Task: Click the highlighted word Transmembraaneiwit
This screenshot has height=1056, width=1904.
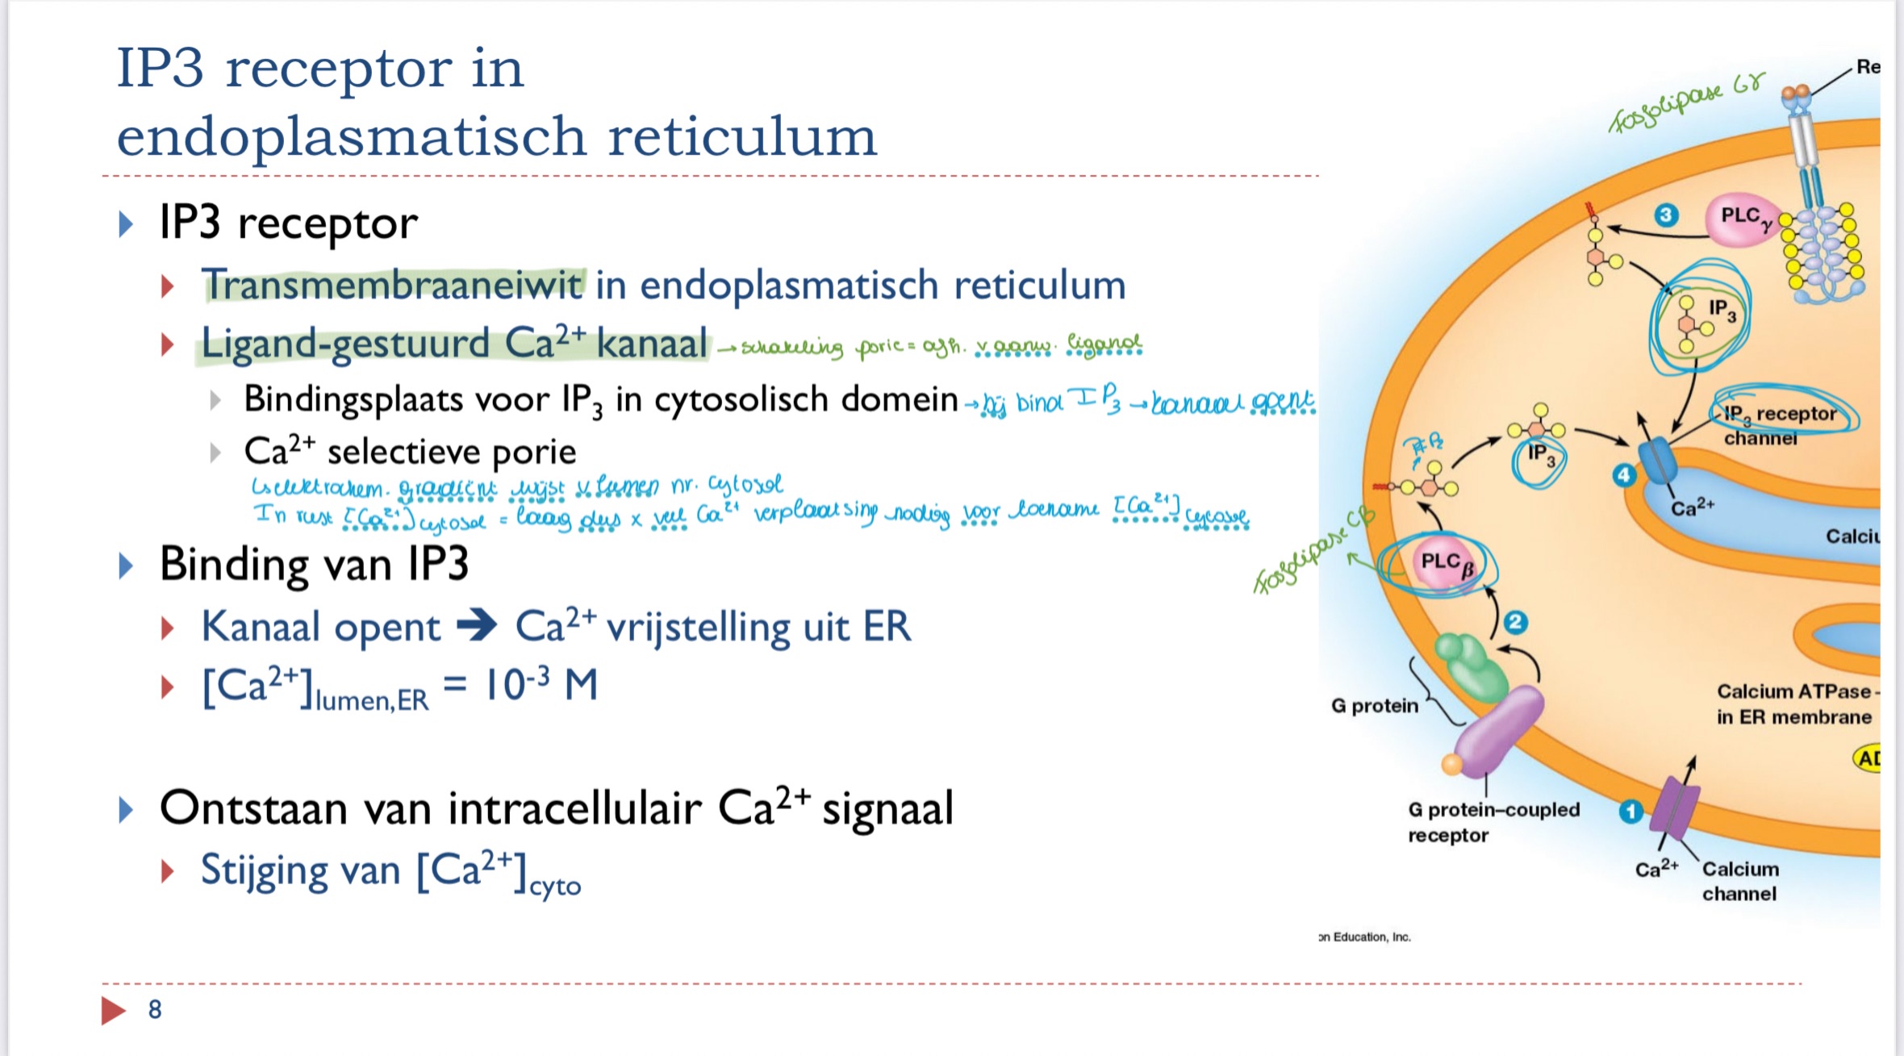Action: pos(393,285)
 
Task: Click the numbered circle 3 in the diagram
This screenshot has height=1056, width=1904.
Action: pos(1666,215)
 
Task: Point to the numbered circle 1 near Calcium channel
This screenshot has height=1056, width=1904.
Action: pos(1631,811)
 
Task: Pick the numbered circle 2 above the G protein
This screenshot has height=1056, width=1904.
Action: pos(1516,622)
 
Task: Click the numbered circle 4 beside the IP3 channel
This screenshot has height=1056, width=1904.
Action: pos(1624,476)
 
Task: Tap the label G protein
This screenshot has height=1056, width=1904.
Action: pos(1374,706)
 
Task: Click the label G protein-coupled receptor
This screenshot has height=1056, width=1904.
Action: pos(1493,821)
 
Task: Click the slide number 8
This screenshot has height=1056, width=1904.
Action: pos(155,1009)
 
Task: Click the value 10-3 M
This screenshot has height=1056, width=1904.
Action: pos(541,686)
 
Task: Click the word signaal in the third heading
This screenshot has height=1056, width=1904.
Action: pos(887,808)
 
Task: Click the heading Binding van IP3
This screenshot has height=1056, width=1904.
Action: pos(314,564)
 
